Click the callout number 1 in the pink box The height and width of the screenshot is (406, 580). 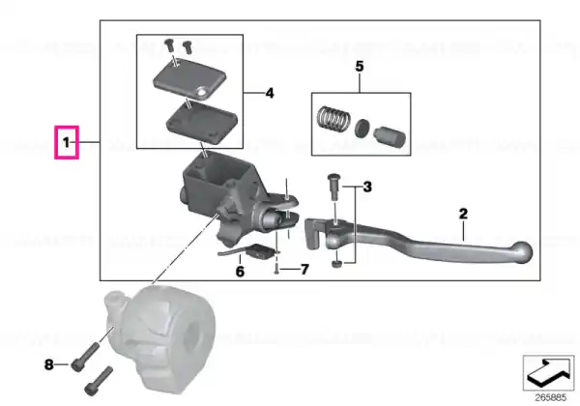tap(66, 142)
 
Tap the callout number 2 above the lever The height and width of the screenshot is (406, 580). tap(463, 214)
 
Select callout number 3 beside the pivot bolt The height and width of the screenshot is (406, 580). tap(367, 187)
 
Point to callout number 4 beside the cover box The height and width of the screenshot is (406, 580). tap(270, 93)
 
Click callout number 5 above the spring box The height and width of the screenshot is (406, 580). tap(360, 66)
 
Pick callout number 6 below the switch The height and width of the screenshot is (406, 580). tap(240, 272)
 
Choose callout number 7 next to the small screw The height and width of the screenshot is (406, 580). tap(304, 269)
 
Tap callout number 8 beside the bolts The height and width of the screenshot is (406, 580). tap(49, 365)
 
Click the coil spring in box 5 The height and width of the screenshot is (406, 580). tap(333, 118)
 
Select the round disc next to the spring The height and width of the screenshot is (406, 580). tap(362, 129)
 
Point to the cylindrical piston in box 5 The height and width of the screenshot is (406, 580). tap(390, 137)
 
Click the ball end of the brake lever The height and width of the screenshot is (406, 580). tap(522, 252)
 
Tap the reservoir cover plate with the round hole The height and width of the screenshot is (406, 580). tap(189, 78)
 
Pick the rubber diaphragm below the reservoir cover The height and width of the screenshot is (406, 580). tap(202, 122)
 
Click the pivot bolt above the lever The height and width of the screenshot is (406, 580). tap(333, 187)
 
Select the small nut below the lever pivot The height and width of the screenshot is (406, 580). tap(336, 264)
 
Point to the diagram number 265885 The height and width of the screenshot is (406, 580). tap(551, 397)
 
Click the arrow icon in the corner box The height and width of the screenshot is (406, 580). tap(548, 373)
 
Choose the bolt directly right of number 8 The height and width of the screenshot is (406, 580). tap(84, 357)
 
